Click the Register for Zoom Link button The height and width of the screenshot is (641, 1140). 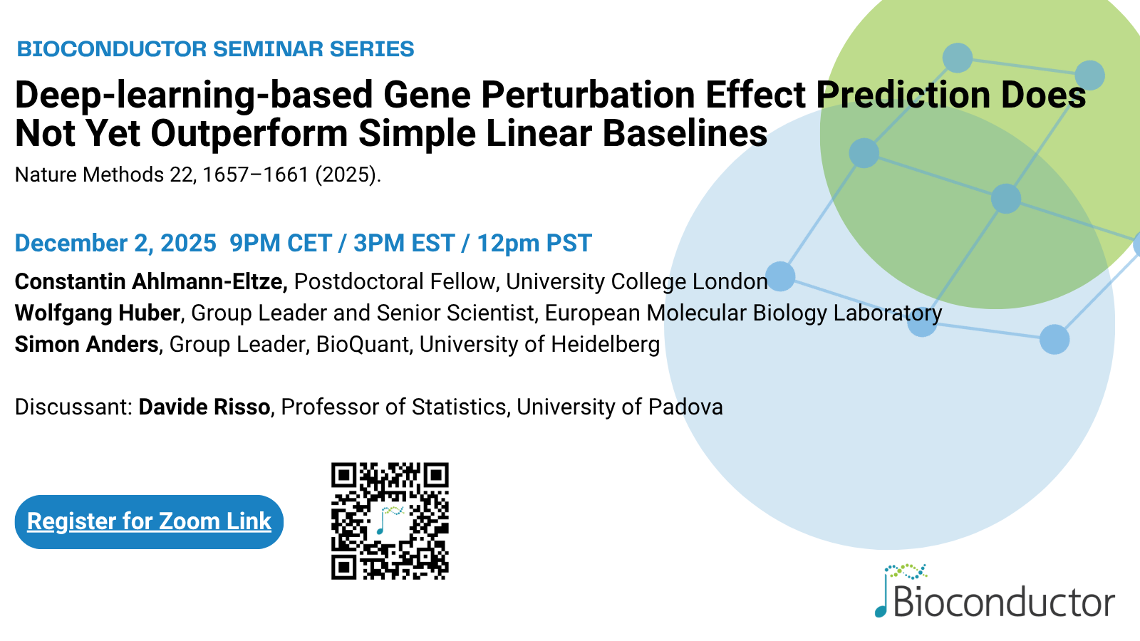[x=149, y=522]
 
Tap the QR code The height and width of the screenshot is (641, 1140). [x=390, y=521]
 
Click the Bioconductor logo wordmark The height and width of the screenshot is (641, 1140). [x=995, y=590]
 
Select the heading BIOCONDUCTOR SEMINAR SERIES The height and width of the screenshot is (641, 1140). [x=215, y=49]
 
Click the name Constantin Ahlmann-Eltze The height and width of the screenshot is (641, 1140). [x=151, y=281]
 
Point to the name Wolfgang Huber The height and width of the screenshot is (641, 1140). [x=98, y=313]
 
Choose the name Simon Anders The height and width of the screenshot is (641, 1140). [x=86, y=345]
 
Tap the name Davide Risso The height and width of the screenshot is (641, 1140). [x=204, y=407]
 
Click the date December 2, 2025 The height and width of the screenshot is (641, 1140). [x=115, y=243]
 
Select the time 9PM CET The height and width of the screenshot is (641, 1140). [x=281, y=243]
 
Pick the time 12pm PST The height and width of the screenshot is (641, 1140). [x=534, y=243]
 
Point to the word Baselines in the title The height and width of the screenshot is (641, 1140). [x=685, y=133]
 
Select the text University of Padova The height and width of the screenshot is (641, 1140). [x=619, y=407]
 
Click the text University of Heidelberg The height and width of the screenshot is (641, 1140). [x=539, y=345]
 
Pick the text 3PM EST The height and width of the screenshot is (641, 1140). [x=404, y=243]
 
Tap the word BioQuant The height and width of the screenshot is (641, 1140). [x=363, y=345]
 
